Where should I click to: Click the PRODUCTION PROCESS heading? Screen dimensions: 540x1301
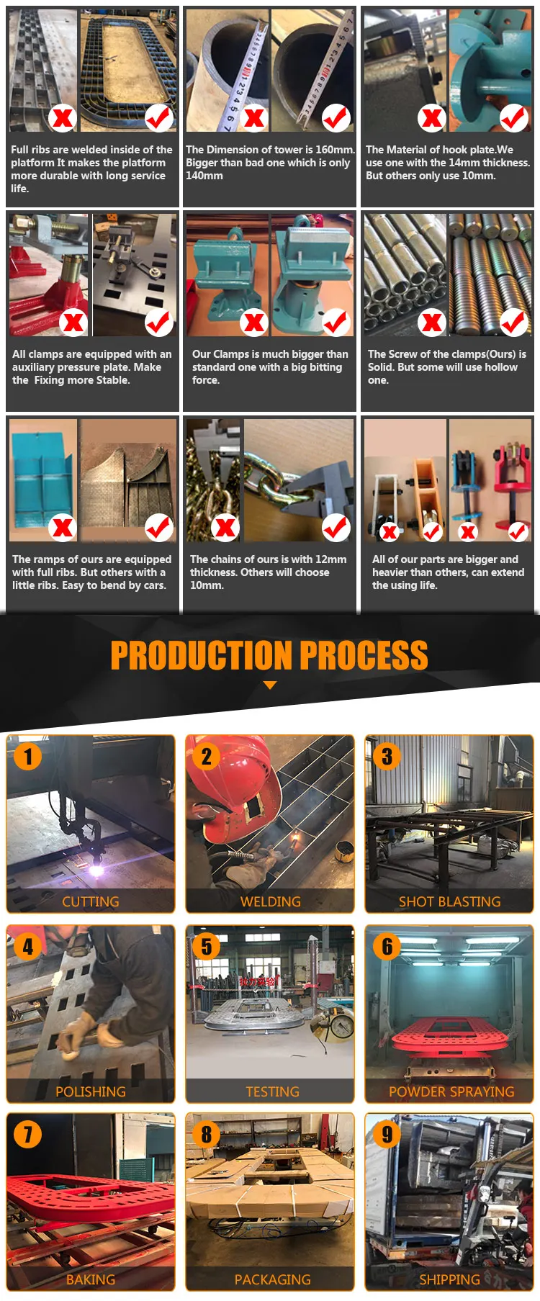[269, 654]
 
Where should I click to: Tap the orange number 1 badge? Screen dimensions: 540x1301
[28, 756]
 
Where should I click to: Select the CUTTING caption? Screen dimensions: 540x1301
[91, 901]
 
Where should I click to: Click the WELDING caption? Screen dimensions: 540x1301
[271, 901]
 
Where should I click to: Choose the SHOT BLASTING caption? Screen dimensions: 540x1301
[450, 901]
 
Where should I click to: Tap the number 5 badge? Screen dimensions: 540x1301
[207, 946]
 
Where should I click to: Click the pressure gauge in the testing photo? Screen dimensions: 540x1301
[341, 1025]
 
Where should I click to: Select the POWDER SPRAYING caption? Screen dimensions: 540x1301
[451, 1091]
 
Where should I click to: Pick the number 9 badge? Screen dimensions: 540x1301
[387, 1134]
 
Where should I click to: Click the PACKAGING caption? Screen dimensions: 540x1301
[273, 1279]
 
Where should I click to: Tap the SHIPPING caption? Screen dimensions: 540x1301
[449, 1279]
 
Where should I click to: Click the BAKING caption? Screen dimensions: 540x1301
[91, 1279]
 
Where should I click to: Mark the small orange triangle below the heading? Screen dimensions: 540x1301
[270, 685]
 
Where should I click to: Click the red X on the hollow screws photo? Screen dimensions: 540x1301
[431, 323]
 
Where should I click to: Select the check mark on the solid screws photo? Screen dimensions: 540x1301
[514, 322]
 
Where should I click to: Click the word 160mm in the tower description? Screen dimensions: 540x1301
[335, 150]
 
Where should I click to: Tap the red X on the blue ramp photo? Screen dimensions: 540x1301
[63, 527]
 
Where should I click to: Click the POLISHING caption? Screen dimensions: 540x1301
[91, 1091]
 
